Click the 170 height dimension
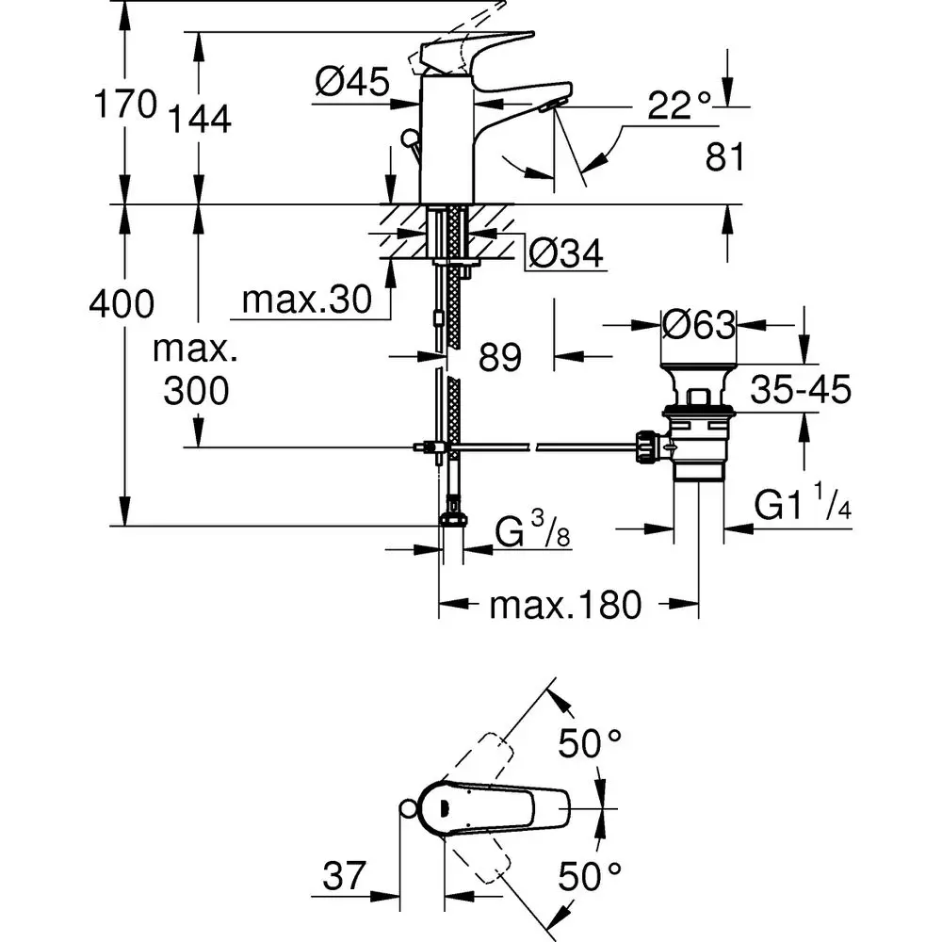(x=123, y=104)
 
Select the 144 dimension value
(x=200, y=119)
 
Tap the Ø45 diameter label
(x=352, y=84)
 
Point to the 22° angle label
(x=677, y=106)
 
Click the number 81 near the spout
(x=724, y=157)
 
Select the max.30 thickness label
(x=303, y=300)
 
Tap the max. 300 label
(x=196, y=370)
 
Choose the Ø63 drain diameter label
(x=697, y=326)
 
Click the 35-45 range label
(x=802, y=388)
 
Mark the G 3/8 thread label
(x=533, y=534)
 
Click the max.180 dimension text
(x=564, y=605)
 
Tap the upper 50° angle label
(x=591, y=744)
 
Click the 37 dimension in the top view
(x=343, y=878)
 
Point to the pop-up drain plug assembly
(x=697, y=414)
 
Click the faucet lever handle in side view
(x=466, y=51)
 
